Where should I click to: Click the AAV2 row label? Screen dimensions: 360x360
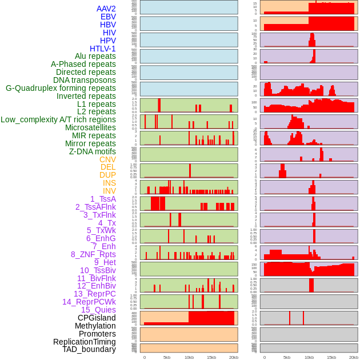(x=106, y=9)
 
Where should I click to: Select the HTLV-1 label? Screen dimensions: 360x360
(x=103, y=49)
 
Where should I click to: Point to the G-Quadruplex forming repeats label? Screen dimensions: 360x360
(x=61, y=88)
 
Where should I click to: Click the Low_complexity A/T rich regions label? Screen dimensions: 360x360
(x=58, y=119)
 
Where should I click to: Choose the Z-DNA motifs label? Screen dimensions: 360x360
(x=93, y=151)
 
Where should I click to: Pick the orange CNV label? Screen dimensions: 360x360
(x=107, y=159)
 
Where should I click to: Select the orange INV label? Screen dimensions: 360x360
(x=109, y=191)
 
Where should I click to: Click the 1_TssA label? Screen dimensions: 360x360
(x=103, y=199)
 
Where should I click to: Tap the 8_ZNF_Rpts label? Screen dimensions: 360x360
(x=93, y=254)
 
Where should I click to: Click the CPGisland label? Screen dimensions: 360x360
(x=97, y=318)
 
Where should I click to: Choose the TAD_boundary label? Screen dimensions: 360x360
(x=89, y=349)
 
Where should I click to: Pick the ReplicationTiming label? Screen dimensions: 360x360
(x=84, y=342)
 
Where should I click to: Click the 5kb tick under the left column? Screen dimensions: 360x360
(x=167, y=357)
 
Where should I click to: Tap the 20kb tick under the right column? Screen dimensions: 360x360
(x=354, y=357)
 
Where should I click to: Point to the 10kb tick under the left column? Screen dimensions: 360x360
(x=189, y=357)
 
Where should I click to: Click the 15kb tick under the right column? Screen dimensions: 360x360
(x=331, y=357)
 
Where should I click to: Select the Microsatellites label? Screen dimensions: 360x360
(x=90, y=127)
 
